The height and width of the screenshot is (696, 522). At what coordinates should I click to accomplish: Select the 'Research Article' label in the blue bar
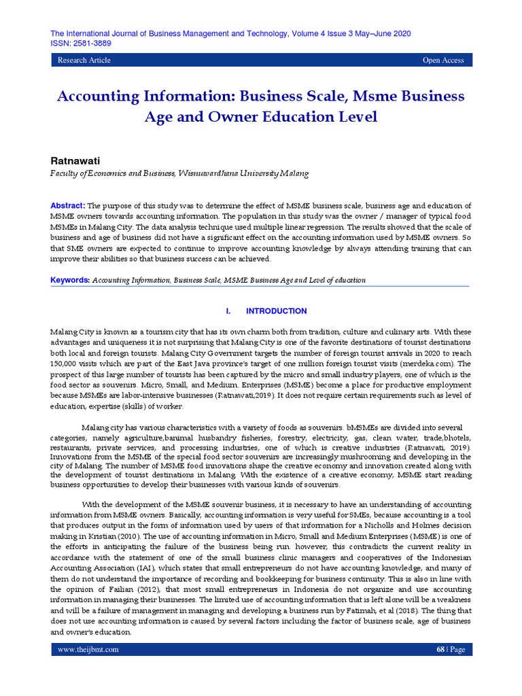(x=84, y=60)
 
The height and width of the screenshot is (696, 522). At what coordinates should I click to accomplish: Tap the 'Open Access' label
(x=443, y=60)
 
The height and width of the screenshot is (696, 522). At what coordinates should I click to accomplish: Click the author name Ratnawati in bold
(x=75, y=161)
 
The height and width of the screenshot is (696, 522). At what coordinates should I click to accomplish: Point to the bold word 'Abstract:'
(x=67, y=205)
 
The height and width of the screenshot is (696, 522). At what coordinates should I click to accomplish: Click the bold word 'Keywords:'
(x=70, y=280)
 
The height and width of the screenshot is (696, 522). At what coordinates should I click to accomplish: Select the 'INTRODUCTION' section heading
(x=276, y=311)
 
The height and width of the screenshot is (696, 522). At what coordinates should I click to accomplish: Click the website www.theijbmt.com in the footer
(x=88, y=649)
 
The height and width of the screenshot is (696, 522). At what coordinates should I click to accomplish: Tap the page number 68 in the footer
(x=440, y=649)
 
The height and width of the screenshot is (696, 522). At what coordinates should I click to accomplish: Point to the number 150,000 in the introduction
(x=66, y=364)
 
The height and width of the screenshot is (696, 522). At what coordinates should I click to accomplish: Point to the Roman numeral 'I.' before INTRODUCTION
(x=228, y=311)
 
